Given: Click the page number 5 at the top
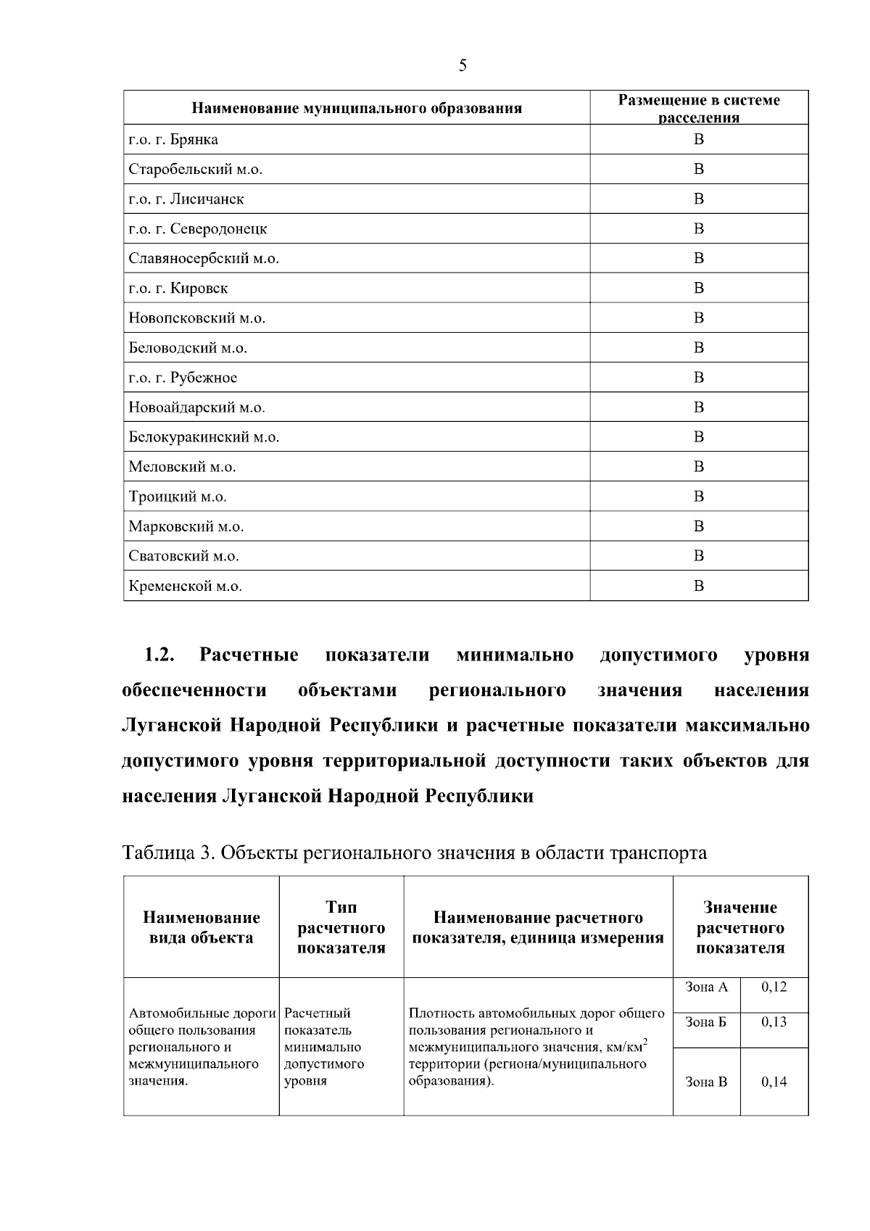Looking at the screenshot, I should pyautogui.click(x=463, y=66).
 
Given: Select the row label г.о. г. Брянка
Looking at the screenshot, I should pyautogui.click(x=173, y=139).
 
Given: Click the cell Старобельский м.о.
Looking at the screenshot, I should pyautogui.click(x=195, y=169).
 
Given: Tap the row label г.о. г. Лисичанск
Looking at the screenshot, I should pyautogui.click(x=186, y=199).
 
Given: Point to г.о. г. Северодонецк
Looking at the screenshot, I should pyautogui.click(x=198, y=229).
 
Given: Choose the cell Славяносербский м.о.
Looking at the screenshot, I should pyautogui.click(x=204, y=259).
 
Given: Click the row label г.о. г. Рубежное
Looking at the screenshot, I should pyautogui.click(x=183, y=378).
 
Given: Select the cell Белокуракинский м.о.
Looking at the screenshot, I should pyautogui.click(x=204, y=437).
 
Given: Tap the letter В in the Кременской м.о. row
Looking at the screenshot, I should pyautogui.click(x=698, y=586).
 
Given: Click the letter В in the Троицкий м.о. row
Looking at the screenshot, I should pyautogui.click(x=698, y=497).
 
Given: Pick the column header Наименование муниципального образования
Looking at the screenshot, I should pyautogui.click(x=357, y=109).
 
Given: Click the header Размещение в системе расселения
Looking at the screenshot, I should pyautogui.click(x=698, y=108).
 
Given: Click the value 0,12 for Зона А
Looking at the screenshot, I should pyautogui.click(x=774, y=987).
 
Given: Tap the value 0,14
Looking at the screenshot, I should pyautogui.click(x=774, y=1082).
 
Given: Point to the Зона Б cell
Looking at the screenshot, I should pyautogui.click(x=705, y=1021).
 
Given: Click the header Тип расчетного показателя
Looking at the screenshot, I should pyautogui.click(x=341, y=927).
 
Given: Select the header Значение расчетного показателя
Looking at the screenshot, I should pyautogui.click(x=740, y=927).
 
